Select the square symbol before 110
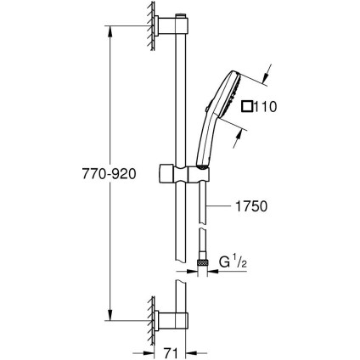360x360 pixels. (247, 106)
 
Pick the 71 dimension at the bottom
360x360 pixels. (169, 350)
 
